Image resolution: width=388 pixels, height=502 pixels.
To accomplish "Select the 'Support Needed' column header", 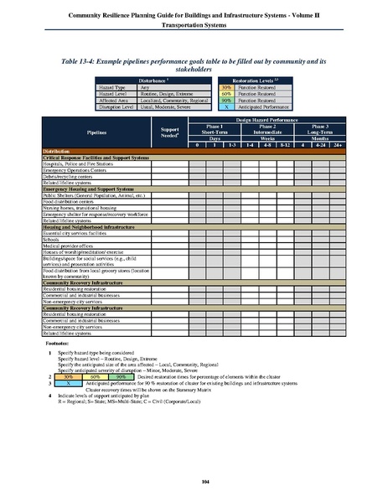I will pyautogui.click(x=170, y=132).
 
